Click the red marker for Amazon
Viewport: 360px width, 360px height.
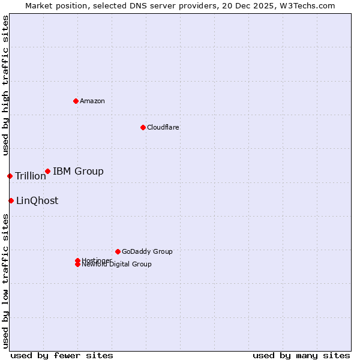click(76, 101)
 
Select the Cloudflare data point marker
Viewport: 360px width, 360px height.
click(143, 127)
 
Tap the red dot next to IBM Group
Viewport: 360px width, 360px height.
click(47, 172)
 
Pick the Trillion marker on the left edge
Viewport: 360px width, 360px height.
click(10, 176)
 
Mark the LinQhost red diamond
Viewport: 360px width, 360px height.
click(11, 200)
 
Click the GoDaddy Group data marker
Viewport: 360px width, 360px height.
click(118, 251)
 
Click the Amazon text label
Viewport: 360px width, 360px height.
click(92, 101)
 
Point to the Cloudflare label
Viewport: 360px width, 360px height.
click(163, 127)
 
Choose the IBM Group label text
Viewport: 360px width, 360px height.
click(78, 172)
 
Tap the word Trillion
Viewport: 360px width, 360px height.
click(31, 176)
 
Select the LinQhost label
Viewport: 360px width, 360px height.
click(37, 201)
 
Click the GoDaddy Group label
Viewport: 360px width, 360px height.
click(147, 251)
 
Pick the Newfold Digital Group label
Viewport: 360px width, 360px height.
click(117, 265)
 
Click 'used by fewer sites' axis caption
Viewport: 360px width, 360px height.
click(62, 355)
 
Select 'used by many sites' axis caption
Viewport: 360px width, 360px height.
click(301, 355)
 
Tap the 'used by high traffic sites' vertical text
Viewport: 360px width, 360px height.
click(5, 85)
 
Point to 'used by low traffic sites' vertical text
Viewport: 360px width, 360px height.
click(5, 281)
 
